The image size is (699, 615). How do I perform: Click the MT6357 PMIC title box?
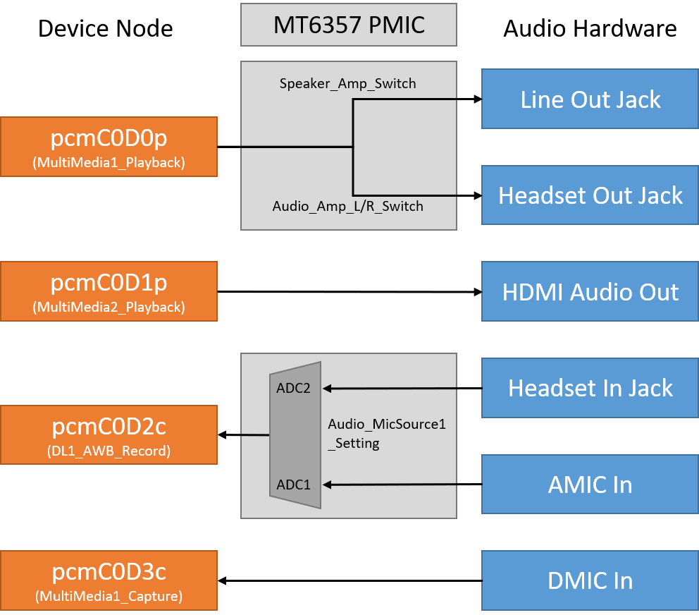point(349,25)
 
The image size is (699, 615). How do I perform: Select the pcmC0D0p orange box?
point(109,147)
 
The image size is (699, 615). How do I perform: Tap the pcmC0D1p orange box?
point(109,291)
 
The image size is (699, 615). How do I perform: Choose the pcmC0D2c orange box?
point(109,434)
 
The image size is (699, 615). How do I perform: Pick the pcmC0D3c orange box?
point(109,580)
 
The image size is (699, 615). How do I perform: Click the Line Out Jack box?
point(590,99)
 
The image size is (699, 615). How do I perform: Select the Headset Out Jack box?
point(590,195)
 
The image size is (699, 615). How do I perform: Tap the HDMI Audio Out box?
point(590,291)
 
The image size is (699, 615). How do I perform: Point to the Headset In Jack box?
point(590,387)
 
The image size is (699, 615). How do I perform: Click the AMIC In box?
point(590,484)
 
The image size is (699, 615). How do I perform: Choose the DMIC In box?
point(590,580)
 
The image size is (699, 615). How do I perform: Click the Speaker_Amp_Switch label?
point(347,84)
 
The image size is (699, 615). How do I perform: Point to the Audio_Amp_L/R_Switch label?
point(347,207)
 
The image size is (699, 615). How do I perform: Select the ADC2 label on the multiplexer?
point(293,388)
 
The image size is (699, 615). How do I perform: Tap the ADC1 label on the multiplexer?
point(293,485)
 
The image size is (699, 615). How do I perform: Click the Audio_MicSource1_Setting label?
point(386,434)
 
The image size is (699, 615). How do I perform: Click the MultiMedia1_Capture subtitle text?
point(109,597)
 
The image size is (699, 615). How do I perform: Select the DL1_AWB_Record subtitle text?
point(109,451)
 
